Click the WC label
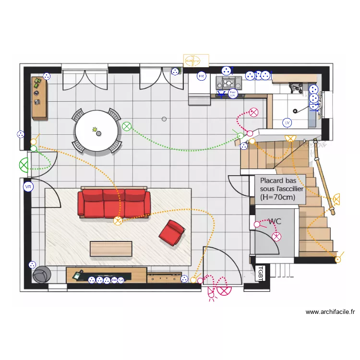(x=275, y=221)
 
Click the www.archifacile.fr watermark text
(x=330, y=312)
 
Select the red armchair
(x=171, y=232)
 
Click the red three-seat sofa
(x=114, y=203)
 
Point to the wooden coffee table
(x=111, y=248)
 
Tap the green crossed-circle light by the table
(x=126, y=127)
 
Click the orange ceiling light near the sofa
(x=118, y=221)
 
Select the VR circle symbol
(x=28, y=186)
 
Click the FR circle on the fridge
(x=202, y=76)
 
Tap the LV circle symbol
(x=288, y=123)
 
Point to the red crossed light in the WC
(x=276, y=236)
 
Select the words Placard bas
(x=278, y=181)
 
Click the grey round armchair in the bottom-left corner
(x=42, y=274)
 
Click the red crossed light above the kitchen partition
(x=253, y=113)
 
